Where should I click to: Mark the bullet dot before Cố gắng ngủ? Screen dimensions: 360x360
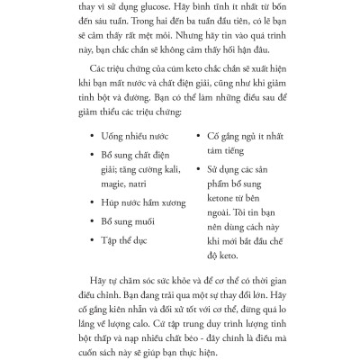pos(198,136)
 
